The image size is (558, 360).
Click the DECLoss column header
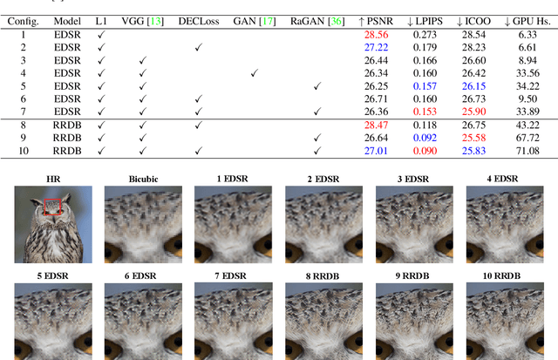pyautogui.click(x=197, y=19)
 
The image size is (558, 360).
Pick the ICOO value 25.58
pyautogui.click(x=473, y=139)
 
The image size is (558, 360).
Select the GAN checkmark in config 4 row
pyautogui.click(x=254, y=73)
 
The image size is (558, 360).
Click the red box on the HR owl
pyautogui.click(x=50, y=208)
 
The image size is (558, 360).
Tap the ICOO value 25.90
pyautogui.click(x=473, y=112)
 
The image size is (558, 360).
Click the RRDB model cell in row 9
pyautogui.click(x=67, y=139)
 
